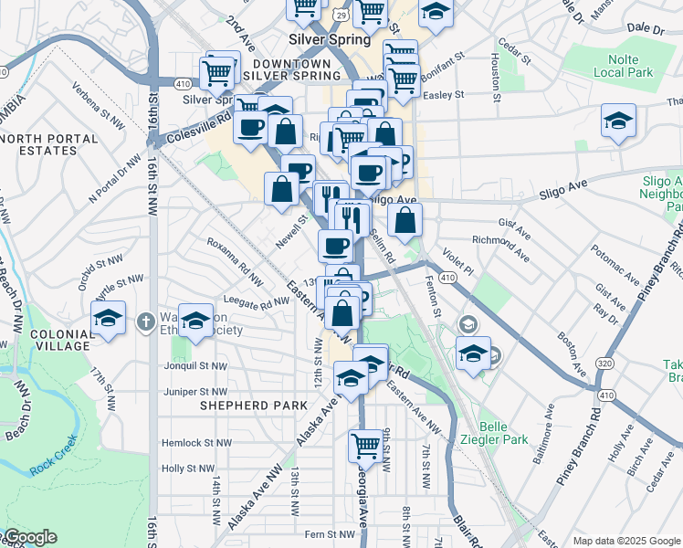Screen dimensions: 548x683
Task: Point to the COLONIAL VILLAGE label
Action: pos(62,341)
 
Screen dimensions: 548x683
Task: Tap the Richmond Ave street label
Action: pos(500,241)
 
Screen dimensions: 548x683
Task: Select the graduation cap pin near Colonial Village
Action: pos(109,320)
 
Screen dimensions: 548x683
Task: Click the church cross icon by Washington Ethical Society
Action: pos(145,321)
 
